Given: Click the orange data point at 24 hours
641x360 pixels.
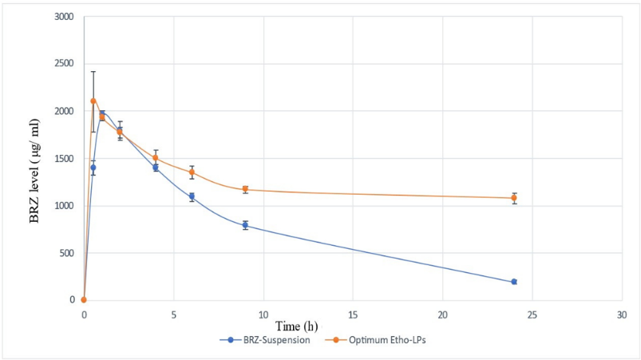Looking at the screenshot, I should (x=514, y=198).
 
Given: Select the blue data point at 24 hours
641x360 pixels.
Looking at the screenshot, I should (x=514, y=282).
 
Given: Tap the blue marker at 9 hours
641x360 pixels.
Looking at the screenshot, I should (x=245, y=225).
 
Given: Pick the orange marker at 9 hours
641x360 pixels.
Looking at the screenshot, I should (x=245, y=189).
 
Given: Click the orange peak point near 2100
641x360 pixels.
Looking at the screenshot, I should (x=93, y=101).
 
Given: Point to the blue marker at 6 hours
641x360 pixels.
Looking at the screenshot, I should (x=192, y=196).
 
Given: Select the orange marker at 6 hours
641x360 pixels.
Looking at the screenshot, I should (x=192, y=172).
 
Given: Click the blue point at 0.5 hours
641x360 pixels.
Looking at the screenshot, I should (x=93, y=168).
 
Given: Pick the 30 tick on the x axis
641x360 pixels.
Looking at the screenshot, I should (x=622, y=315).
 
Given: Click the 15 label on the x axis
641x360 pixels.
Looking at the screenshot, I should (x=353, y=315).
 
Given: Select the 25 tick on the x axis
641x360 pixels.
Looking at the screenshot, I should (x=532, y=315).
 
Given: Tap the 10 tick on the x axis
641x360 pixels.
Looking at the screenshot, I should (x=263, y=315).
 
